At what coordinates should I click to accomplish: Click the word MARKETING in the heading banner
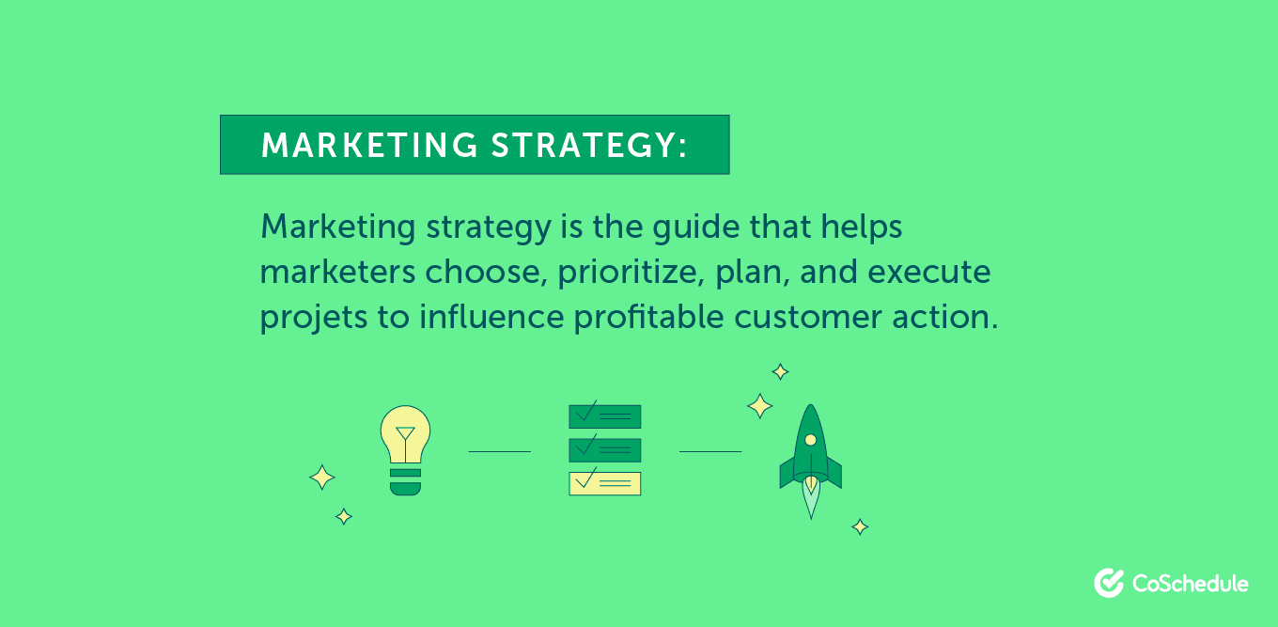tap(369, 146)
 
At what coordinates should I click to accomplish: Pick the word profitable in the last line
tap(650, 318)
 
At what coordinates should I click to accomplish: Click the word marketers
tap(337, 273)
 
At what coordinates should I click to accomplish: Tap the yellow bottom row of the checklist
tap(604, 483)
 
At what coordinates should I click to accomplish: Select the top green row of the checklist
tap(604, 416)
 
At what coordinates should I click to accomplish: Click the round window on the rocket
tap(810, 440)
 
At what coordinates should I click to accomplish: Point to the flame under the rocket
tap(810, 498)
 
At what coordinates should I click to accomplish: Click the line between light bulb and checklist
tap(499, 451)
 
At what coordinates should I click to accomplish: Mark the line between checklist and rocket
tap(710, 451)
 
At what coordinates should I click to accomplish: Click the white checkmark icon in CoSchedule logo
tap(1109, 583)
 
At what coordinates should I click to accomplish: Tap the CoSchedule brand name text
tap(1190, 584)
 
